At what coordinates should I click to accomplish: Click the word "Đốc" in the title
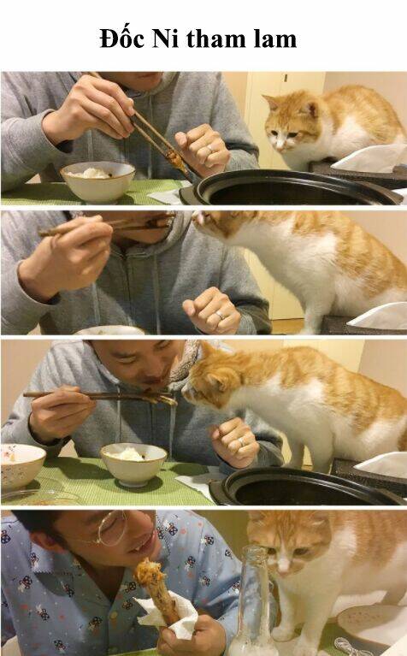tap(122, 38)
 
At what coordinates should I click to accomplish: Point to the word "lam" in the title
tap(274, 38)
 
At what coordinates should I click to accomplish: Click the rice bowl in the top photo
tap(97, 181)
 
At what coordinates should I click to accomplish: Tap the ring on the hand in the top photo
tap(210, 148)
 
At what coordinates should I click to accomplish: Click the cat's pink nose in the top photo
tap(280, 147)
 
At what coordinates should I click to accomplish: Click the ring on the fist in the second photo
tap(220, 316)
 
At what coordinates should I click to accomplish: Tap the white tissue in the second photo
tap(379, 316)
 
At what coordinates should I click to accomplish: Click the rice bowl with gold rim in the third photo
tap(134, 464)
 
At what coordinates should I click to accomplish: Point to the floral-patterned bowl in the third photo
tap(21, 465)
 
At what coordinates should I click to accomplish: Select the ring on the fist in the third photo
tap(241, 441)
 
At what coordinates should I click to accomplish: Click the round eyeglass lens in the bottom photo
tap(112, 528)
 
